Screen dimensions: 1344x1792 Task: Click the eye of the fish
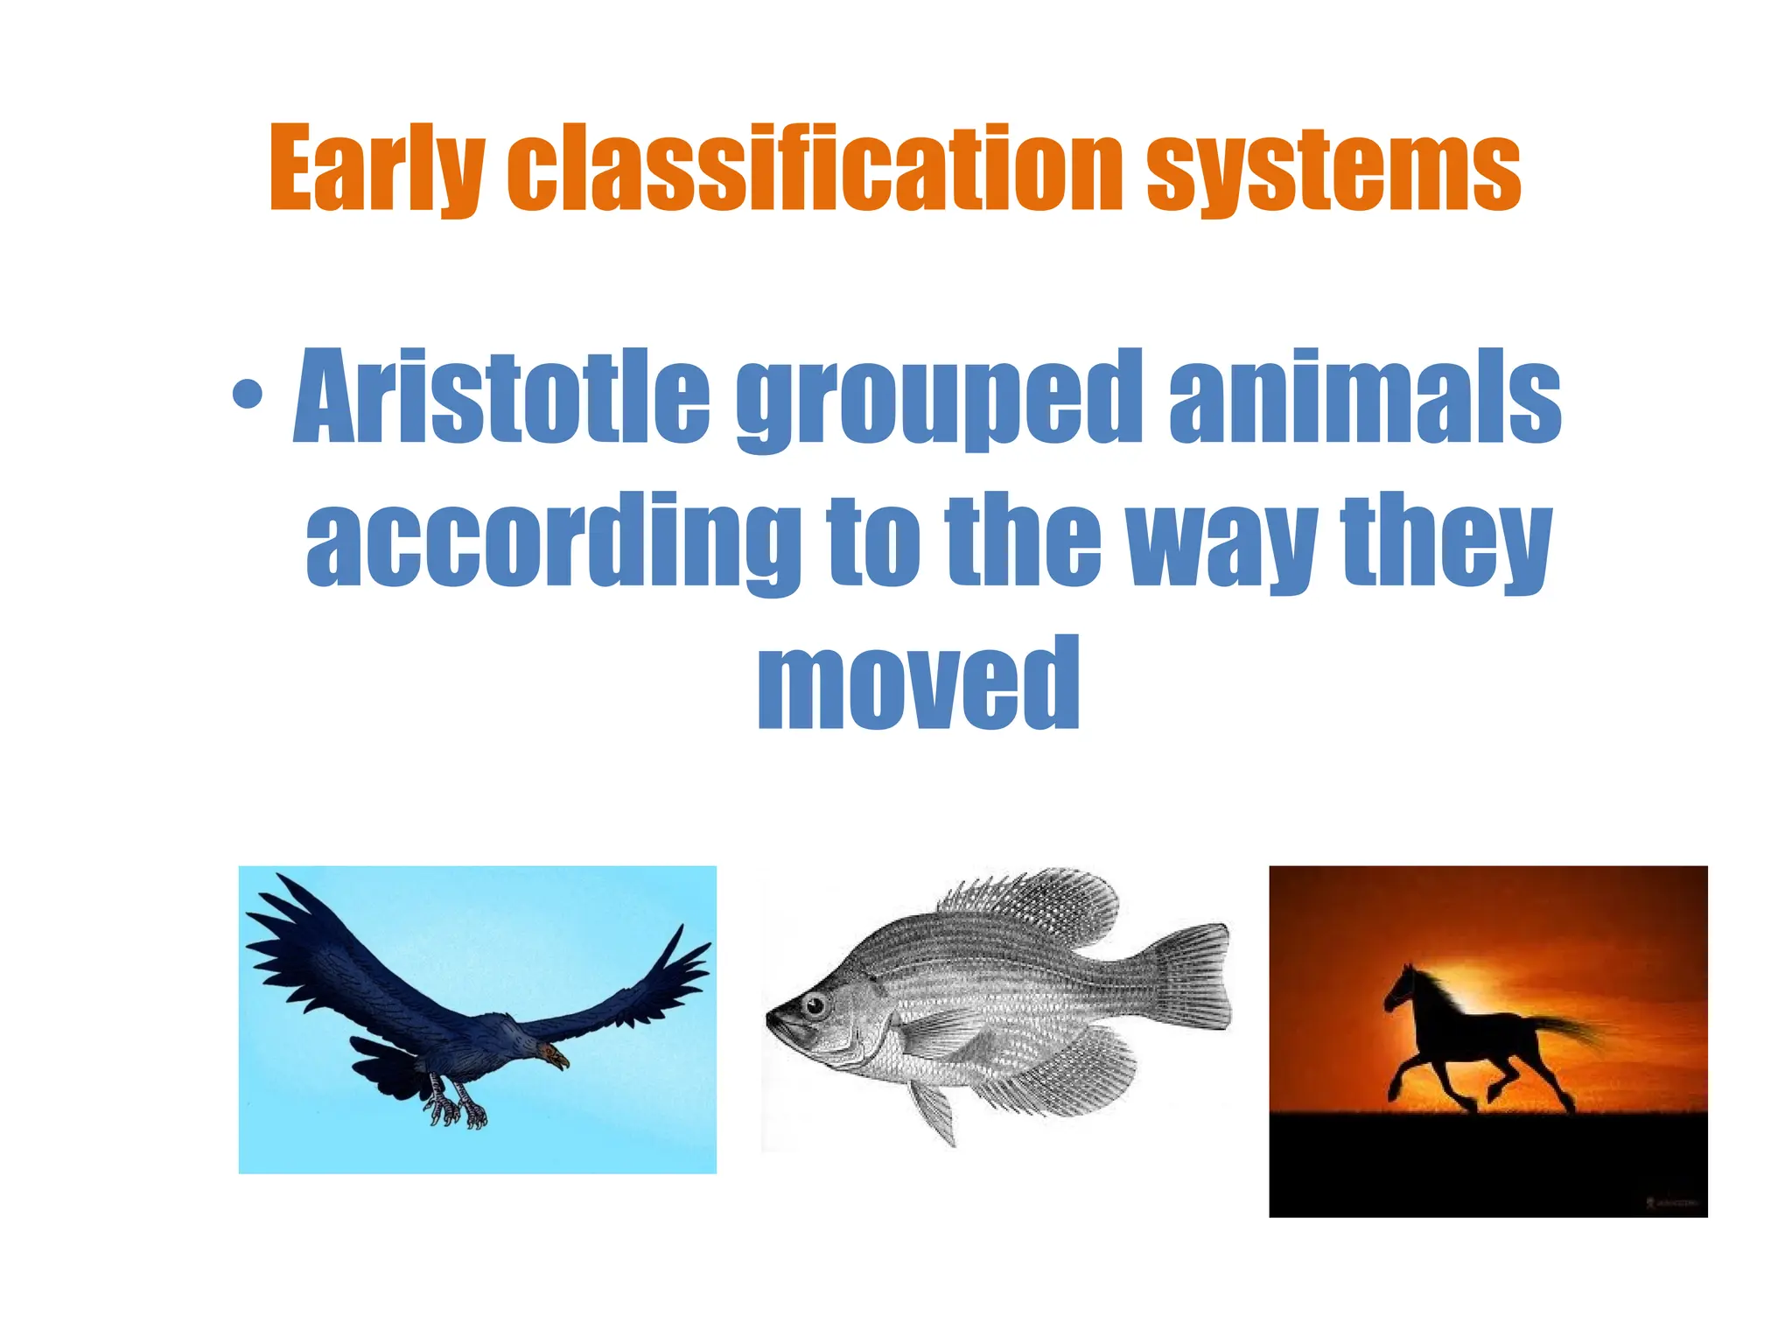pyautogui.click(x=816, y=1005)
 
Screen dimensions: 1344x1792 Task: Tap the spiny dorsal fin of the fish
pyautogui.click(x=1032, y=906)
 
